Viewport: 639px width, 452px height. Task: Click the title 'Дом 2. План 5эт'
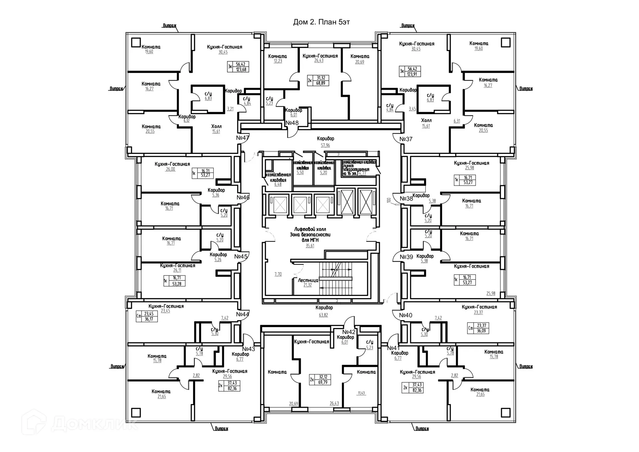pyautogui.click(x=321, y=22)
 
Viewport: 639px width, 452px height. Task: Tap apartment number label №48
pyautogui.click(x=292, y=123)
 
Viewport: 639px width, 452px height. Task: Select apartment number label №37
pyautogui.click(x=406, y=139)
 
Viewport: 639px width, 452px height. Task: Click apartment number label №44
pyautogui.click(x=243, y=314)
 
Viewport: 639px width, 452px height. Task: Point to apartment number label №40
pyautogui.click(x=405, y=315)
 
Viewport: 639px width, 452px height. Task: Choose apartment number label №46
pyautogui.click(x=243, y=197)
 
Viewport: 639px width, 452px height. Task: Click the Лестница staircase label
pyautogui.click(x=308, y=280)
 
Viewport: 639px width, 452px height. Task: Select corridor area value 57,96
pyautogui.click(x=325, y=145)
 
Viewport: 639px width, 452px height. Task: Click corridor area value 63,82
pyautogui.click(x=323, y=315)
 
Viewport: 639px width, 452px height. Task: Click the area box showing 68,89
pyautogui.click(x=320, y=83)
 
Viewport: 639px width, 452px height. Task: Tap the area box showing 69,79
pyautogui.click(x=322, y=382)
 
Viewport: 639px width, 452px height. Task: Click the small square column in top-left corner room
pyautogui.click(x=136, y=43)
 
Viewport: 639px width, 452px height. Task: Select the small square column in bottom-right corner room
pyautogui.click(x=506, y=412)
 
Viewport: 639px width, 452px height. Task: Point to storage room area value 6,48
pyautogui.click(x=278, y=184)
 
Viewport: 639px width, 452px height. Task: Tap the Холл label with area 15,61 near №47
pyautogui.click(x=216, y=127)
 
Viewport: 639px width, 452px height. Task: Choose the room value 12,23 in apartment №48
pyautogui.click(x=278, y=61)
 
